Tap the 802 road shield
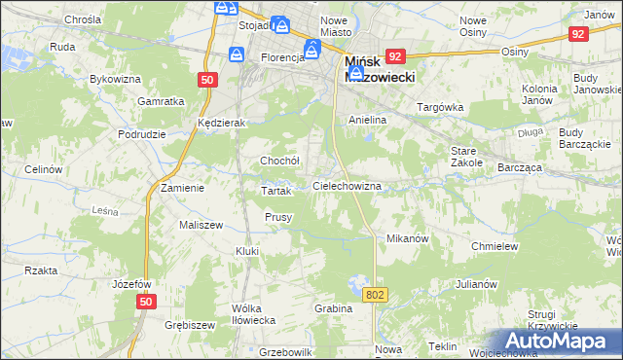(x=376, y=293)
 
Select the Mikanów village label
(x=408, y=238)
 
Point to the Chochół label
(x=278, y=161)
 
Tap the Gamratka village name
(x=162, y=101)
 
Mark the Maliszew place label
(x=174, y=225)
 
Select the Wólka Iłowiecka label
(x=253, y=313)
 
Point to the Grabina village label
(x=333, y=308)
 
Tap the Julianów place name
(x=476, y=285)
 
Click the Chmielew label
(x=494, y=247)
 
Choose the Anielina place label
(x=368, y=120)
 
